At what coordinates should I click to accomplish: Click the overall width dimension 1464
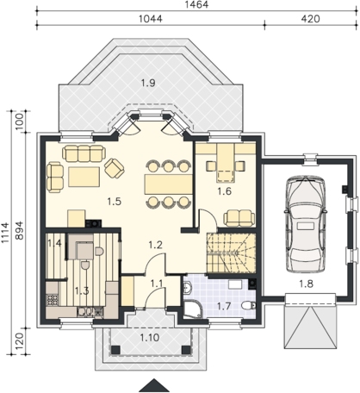(198, 4)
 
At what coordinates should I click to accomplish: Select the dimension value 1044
(151, 19)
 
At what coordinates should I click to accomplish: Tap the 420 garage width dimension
(310, 19)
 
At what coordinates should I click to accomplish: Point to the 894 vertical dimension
(19, 230)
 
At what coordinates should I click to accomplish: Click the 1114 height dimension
(5, 233)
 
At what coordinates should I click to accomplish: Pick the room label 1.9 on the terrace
(148, 83)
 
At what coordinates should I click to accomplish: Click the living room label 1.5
(115, 202)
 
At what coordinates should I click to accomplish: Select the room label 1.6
(225, 191)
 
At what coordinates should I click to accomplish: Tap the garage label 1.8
(306, 284)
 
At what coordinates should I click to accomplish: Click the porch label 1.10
(150, 337)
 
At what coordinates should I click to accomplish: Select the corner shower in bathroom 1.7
(193, 309)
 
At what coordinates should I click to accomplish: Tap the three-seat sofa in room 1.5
(84, 153)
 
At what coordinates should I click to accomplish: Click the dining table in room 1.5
(169, 184)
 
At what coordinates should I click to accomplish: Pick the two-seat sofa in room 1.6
(239, 218)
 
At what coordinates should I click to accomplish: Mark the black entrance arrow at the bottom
(154, 385)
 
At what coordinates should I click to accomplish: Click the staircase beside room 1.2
(231, 253)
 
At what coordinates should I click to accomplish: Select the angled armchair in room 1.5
(115, 168)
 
